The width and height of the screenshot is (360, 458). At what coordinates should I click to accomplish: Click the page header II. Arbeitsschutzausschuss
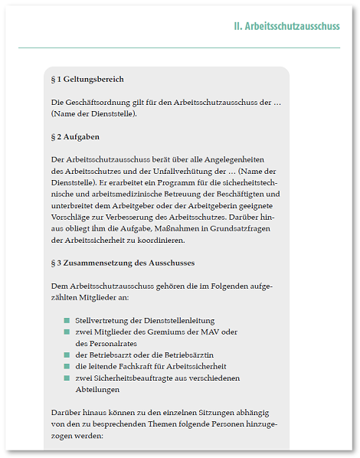tap(286, 26)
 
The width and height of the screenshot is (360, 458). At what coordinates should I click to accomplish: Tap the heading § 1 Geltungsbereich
tap(87, 79)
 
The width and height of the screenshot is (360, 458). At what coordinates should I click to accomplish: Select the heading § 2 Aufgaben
tap(75, 136)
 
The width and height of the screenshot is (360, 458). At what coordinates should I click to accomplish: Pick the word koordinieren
tap(162, 240)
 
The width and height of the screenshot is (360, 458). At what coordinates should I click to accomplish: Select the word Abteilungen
tap(97, 389)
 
